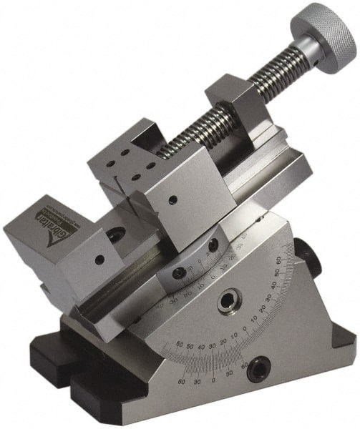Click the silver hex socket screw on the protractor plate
pyautogui.click(x=228, y=301)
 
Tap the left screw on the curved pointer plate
pyautogui.click(x=178, y=272)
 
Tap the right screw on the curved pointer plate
pyautogui.click(x=213, y=245)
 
